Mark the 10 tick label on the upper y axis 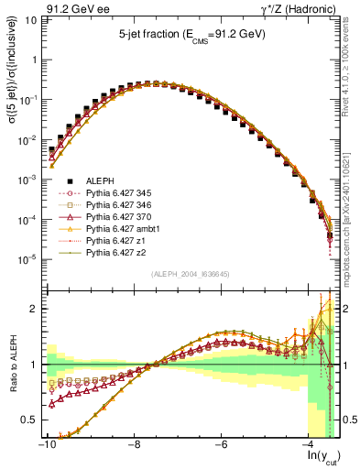point(30,19)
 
